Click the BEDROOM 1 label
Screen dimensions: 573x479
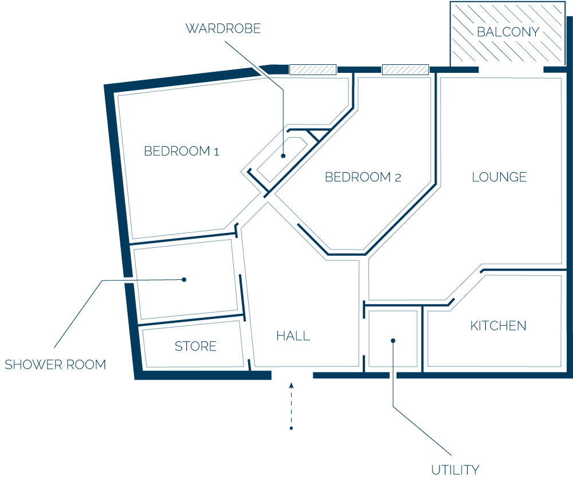181,151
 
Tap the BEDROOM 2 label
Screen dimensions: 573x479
363,177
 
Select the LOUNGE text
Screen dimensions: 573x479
499,177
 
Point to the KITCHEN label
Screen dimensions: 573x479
498,326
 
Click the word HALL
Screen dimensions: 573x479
293,336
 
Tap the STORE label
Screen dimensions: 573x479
195,346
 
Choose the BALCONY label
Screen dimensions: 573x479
508,32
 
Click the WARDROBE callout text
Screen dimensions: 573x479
223,29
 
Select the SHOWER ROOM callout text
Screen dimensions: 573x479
55,364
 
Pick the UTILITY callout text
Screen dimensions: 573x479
455,469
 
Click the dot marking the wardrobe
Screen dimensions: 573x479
283,156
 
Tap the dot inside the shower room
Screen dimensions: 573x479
184,279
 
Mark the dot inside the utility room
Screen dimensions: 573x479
393,341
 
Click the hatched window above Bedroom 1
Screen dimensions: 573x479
313,69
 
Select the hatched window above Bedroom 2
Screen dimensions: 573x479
405,69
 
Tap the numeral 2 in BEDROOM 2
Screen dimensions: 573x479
398,178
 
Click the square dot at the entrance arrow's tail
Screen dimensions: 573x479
291,428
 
